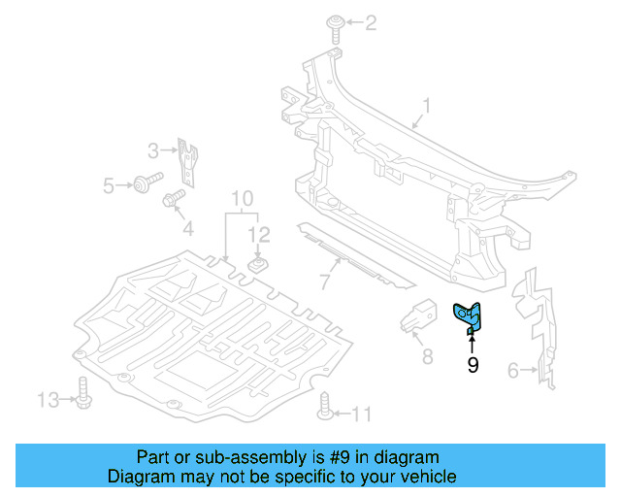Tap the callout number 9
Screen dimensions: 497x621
coord(473,365)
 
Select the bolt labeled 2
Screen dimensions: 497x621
coord(334,26)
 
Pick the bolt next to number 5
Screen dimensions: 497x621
coord(149,182)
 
